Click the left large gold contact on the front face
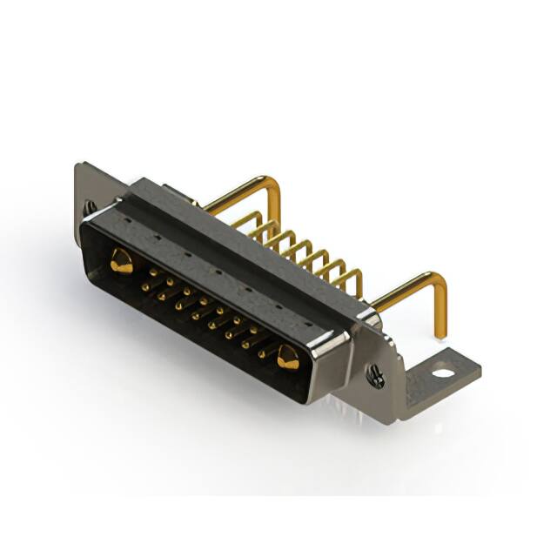tap(121, 260)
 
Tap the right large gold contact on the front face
tap(288, 355)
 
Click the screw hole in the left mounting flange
tap(91, 208)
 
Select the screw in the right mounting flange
tap(376, 377)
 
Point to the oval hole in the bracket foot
tap(443, 373)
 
